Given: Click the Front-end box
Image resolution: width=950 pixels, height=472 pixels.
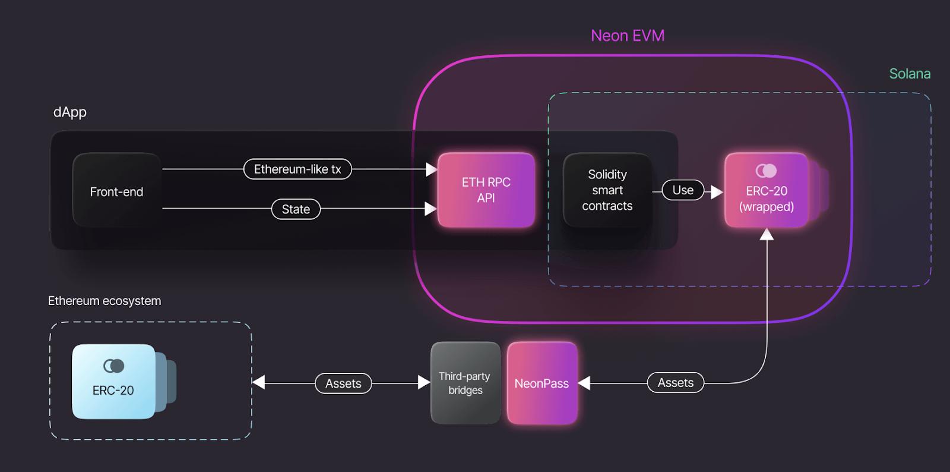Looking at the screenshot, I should click(x=116, y=191).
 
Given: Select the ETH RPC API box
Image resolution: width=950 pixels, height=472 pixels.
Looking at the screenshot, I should click(x=486, y=190).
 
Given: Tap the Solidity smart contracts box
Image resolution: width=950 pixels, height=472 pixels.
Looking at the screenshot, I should click(x=607, y=190).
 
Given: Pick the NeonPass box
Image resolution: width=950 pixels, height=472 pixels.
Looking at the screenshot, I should click(x=541, y=383).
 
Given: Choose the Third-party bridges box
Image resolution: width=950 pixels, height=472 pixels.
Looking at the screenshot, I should click(x=465, y=383).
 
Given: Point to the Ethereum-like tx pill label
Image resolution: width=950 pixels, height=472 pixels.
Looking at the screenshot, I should click(x=297, y=169).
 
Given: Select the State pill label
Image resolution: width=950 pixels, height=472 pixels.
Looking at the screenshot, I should click(x=296, y=209).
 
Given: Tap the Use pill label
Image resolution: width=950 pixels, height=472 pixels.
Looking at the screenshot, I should click(x=683, y=190).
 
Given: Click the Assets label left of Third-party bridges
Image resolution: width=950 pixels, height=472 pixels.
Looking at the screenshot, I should click(x=343, y=383).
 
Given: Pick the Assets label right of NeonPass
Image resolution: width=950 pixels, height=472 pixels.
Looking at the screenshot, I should click(x=676, y=383).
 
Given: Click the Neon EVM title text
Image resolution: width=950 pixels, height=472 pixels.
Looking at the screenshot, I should click(x=628, y=36).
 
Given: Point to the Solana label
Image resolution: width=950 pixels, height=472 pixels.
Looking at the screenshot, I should click(x=910, y=74).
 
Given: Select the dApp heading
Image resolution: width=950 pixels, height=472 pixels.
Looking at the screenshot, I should click(x=70, y=112).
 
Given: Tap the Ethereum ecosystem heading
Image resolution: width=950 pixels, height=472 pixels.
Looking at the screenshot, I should click(x=104, y=301).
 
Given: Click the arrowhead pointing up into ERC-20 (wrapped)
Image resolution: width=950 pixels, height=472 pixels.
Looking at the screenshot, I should click(x=767, y=235).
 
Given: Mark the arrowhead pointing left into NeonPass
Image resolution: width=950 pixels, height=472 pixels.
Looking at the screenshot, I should click(x=584, y=383).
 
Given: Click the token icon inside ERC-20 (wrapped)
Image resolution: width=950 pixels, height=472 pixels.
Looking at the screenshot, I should click(x=766, y=171).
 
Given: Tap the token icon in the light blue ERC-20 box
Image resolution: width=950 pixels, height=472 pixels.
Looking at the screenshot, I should click(x=113, y=366).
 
